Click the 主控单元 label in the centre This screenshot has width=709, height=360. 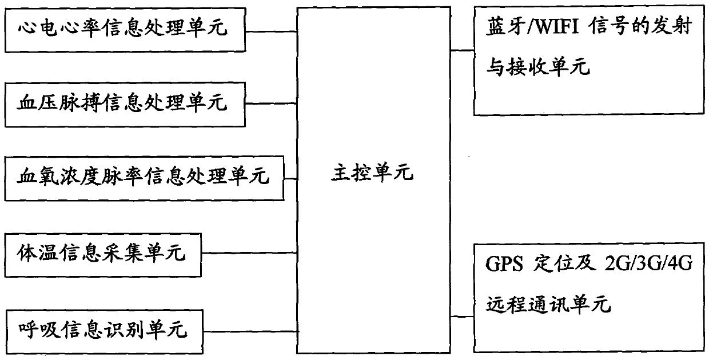tap(372, 173)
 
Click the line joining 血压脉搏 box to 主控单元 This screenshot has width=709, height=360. tap(271, 104)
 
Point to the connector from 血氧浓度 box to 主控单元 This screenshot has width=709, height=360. tap(291, 178)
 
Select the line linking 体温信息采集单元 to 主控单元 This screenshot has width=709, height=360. tap(250, 252)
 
